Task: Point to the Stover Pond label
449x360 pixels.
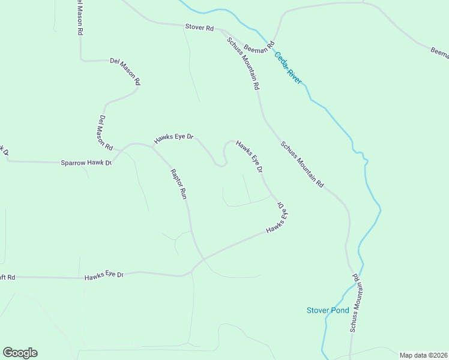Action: coord(327,310)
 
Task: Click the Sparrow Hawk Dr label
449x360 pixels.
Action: coord(86,163)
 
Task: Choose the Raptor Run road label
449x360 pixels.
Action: coord(179,184)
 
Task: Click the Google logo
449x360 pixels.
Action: coord(20,353)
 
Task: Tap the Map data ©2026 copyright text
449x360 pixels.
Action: coord(423,355)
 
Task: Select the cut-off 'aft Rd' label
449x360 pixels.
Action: coord(7,277)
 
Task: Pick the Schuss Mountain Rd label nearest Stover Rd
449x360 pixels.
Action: coord(243,63)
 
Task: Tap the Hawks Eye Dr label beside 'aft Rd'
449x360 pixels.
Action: coord(104,275)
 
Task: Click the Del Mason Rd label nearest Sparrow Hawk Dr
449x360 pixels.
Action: coord(106,133)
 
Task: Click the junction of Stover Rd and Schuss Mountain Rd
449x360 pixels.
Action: coord(221,30)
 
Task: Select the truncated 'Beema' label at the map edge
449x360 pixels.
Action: coord(440,53)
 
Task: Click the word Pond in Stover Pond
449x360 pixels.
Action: coord(339,310)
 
